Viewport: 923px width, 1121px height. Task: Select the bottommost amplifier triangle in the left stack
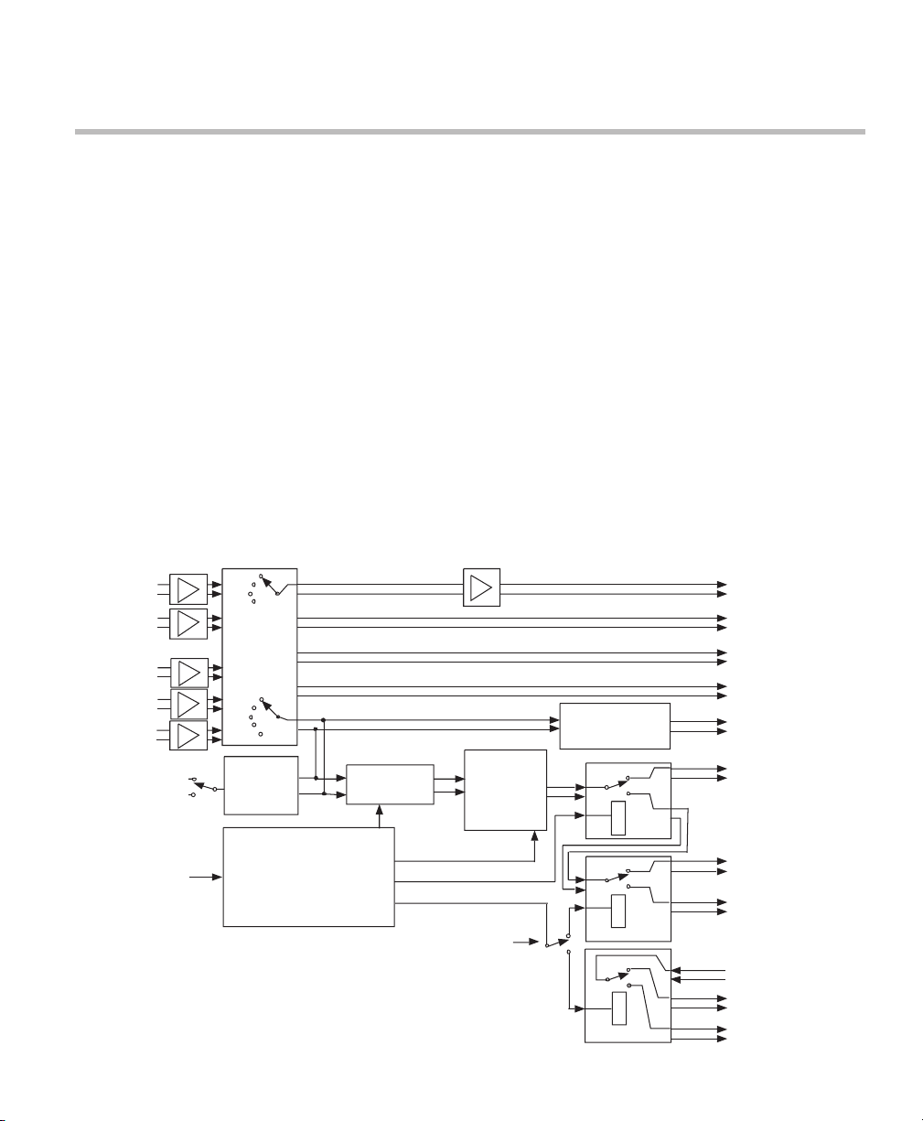click(x=188, y=735)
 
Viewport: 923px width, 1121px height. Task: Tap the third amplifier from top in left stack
click(x=188, y=673)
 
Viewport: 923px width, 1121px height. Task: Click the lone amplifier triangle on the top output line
click(x=482, y=587)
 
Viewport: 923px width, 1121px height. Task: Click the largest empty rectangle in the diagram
click(x=308, y=877)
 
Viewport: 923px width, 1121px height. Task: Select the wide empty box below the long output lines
click(x=614, y=725)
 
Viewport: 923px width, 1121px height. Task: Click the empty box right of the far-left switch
click(x=261, y=784)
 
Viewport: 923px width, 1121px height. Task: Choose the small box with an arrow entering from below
click(x=390, y=783)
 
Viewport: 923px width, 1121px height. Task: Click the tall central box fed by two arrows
click(x=505, y=790)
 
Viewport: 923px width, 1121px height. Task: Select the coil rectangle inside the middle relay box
click(x=619, y=911)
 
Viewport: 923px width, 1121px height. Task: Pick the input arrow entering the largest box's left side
click(x=217, y=877)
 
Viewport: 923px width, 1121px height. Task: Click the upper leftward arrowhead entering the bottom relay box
click(x=677, y=969)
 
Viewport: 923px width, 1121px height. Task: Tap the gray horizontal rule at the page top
click(x=469, y=132)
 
